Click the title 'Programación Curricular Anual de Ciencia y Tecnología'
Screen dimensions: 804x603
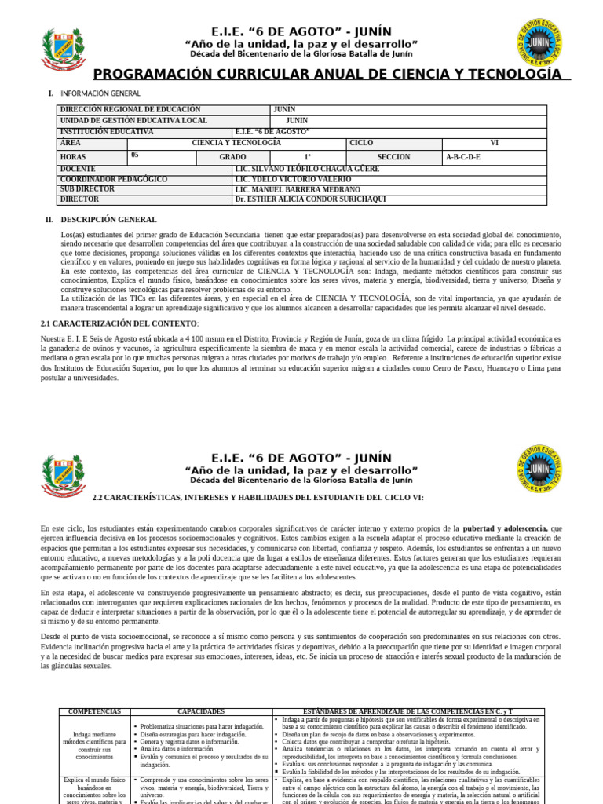coord(327,74)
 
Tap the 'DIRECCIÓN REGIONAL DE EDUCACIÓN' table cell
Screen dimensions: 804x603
coord(130,110)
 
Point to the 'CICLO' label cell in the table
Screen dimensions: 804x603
coord(361,144)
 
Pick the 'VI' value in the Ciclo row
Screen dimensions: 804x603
coord(494,144)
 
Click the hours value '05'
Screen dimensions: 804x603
coord(135,155)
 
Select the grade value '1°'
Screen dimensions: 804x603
coord(308,157)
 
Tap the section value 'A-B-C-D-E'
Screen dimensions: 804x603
coord(463,157)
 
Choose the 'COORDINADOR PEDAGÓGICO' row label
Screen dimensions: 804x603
coord(114,179)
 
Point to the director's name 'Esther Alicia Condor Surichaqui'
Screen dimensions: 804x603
coord(310,199)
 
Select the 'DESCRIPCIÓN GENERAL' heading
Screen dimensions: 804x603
coord(108,220)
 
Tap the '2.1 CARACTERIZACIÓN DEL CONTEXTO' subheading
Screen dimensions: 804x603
coord(119,323)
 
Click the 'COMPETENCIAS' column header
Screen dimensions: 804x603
coord(94,711)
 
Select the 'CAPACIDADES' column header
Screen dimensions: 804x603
coord(201,711)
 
